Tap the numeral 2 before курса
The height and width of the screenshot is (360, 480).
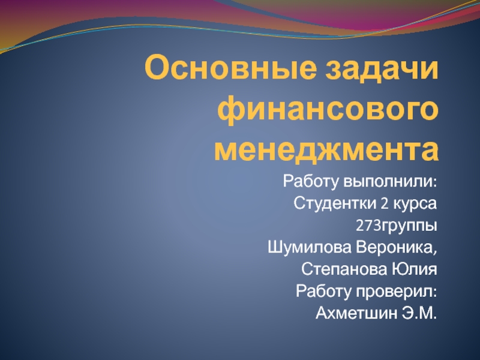[383, 203]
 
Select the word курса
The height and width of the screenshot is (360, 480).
[415, 203]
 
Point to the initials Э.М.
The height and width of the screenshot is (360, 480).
[418, 313]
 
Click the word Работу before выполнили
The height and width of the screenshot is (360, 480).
[311, 181]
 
